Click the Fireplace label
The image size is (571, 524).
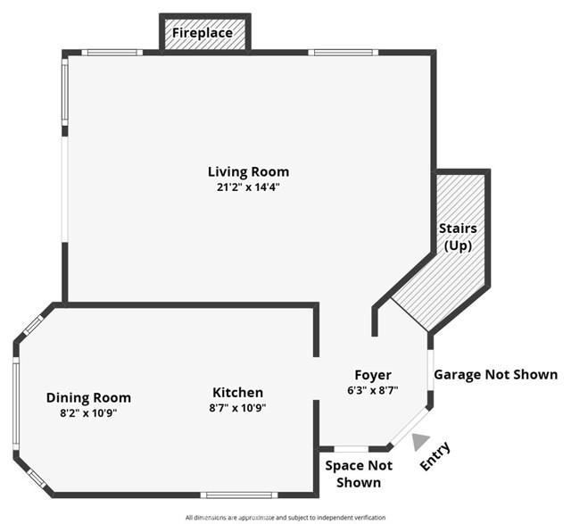click(203, 33)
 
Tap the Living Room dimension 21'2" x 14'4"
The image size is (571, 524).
click(248, 187)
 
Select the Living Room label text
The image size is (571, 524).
click(248, 171)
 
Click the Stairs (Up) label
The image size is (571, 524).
click(458, 237)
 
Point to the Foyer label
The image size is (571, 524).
click(373, 375)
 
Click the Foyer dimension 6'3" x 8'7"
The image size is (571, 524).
click(373, 390)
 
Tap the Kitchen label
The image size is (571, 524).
click(238, 393)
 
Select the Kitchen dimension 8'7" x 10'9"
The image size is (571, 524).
click(237, 408)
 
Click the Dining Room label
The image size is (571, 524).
click(88, 397)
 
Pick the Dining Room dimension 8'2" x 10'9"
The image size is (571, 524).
click(88, 413)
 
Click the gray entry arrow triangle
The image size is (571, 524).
click(420, 442)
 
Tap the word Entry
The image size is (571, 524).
click(435, 455)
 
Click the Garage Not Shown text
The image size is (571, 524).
click(496, 375)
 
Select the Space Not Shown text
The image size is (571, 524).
click(359, 474)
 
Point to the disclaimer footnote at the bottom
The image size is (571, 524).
click(285, 518)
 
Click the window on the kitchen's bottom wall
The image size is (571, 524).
click(239, 495)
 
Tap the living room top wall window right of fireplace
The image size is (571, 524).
click(343, 53)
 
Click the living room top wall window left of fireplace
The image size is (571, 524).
click(112, 53)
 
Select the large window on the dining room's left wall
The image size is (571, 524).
click(16, 403)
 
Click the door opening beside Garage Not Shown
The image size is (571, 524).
click(430, 370)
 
